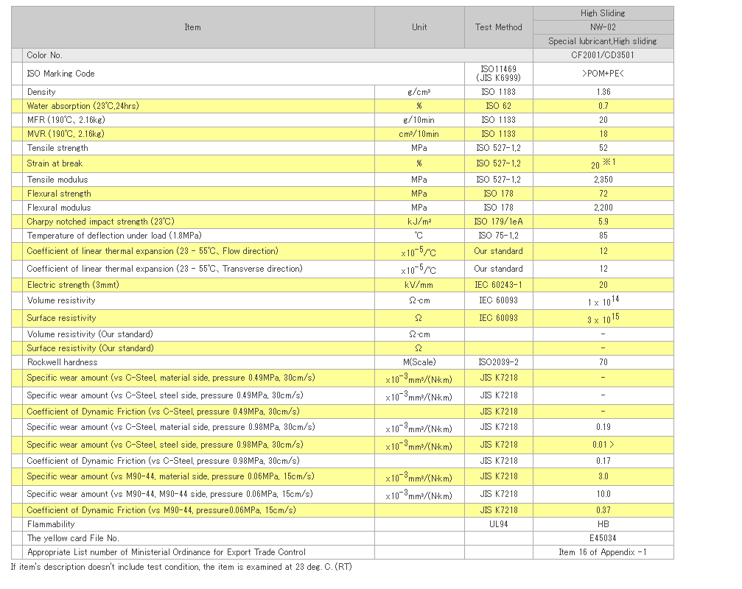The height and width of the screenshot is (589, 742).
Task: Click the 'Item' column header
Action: (192, 27)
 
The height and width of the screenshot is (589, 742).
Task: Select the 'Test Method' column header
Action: (498, 27)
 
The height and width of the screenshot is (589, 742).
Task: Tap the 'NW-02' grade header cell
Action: (603, 27)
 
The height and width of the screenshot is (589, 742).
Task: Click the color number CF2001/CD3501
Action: (603, 55)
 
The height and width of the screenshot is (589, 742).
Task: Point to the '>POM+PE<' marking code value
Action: (603, 74)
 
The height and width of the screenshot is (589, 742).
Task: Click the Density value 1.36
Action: (603, 92)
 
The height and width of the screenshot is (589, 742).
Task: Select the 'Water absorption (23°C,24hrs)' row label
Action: (83, 106)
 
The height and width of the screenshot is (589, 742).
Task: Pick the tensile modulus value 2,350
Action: (603, 180)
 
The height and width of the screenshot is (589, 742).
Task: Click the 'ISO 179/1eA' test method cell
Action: (498, 222)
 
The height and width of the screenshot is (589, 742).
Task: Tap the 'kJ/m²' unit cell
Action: (419, 222)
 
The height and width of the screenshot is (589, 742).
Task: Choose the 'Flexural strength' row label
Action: (59, 194)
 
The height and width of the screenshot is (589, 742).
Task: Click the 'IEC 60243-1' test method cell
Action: (498, 285)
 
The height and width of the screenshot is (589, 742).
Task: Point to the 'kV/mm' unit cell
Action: (419, 285)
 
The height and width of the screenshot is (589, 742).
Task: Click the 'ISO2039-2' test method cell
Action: (498, 362)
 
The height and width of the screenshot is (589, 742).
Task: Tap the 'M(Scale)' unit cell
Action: (419, 362)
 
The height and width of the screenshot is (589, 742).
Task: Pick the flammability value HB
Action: (603, 524)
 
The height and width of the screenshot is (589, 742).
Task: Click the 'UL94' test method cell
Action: (498, 524)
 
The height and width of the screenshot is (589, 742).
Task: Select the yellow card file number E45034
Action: (603, 538)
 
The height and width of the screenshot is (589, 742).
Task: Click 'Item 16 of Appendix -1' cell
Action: (603, 552)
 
